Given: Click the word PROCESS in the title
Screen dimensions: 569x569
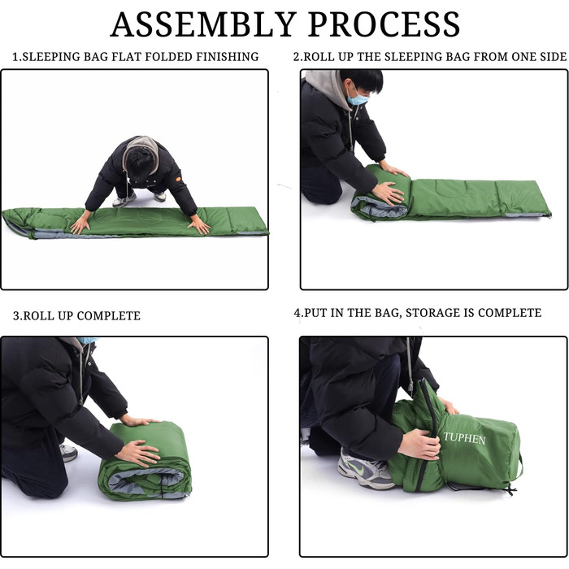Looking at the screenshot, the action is tap(384, 24).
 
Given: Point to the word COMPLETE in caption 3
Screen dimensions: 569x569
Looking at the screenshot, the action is tap(108, 315).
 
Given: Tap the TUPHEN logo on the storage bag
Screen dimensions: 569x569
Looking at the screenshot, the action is tap(464, 438).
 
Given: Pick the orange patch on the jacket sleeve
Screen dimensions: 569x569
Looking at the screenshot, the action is tap(178, 179).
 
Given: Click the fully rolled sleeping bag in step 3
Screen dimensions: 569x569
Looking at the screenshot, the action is tap(145, 461).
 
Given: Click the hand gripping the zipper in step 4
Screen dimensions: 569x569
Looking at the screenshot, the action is tap(419, 444).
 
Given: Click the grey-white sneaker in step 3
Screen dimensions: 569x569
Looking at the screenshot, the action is tap(68, 453).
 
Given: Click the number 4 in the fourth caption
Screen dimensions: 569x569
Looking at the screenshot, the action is tap(298, 313).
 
